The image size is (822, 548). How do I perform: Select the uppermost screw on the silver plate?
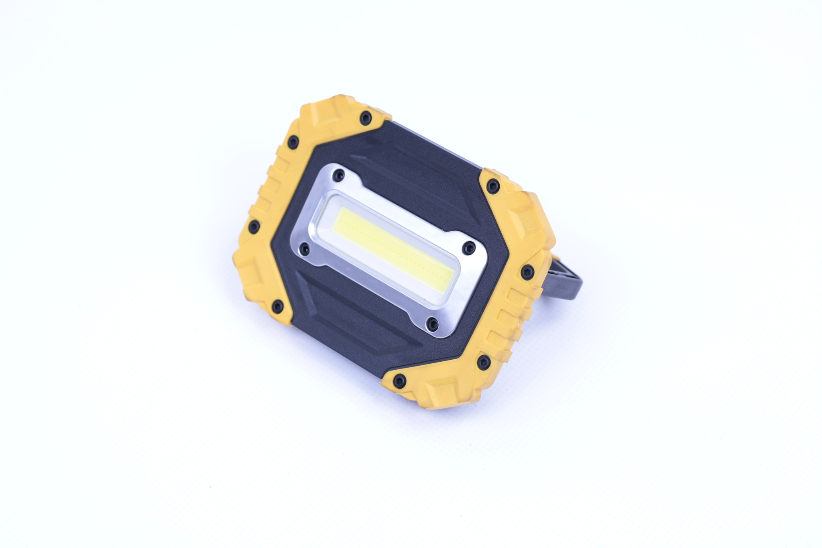coord(340,175)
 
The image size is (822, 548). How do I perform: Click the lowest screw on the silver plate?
coord(432,323)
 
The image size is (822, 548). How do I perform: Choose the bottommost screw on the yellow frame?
coord(399,381)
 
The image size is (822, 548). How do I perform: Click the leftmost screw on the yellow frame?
coord(254,227)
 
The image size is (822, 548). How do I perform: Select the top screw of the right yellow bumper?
coord(492,186)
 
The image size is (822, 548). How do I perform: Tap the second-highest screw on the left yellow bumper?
coord(293,142)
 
